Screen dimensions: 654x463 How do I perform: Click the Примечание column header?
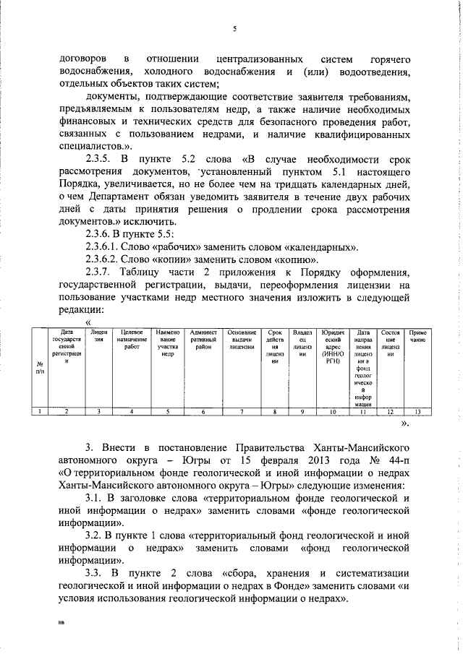(x=417, y=334)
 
